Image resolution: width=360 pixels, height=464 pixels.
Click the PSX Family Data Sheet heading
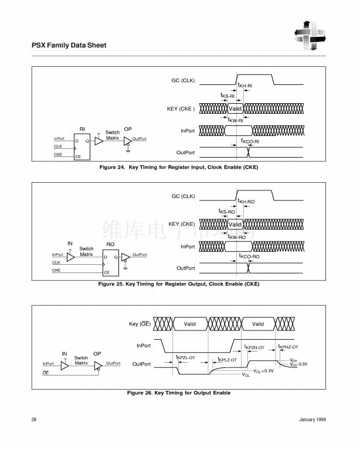[68, 45]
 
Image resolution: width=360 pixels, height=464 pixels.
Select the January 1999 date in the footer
[312, 419]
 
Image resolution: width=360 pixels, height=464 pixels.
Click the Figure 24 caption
[179, 168]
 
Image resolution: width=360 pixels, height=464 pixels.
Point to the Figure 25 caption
[179, 284]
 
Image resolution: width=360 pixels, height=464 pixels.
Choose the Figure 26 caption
[179, 393]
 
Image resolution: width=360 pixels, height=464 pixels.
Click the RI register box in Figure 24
[81, 147]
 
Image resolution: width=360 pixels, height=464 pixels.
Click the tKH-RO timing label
[246, 202]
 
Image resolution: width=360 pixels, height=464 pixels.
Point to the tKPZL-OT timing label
[185, 357]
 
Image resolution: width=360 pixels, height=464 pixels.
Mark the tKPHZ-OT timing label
[288, 347]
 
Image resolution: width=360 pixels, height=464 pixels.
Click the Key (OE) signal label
[140, 324]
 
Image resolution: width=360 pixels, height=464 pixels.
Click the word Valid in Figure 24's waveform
[235, 109]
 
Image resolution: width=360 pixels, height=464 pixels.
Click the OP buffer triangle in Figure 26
[98, 364]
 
